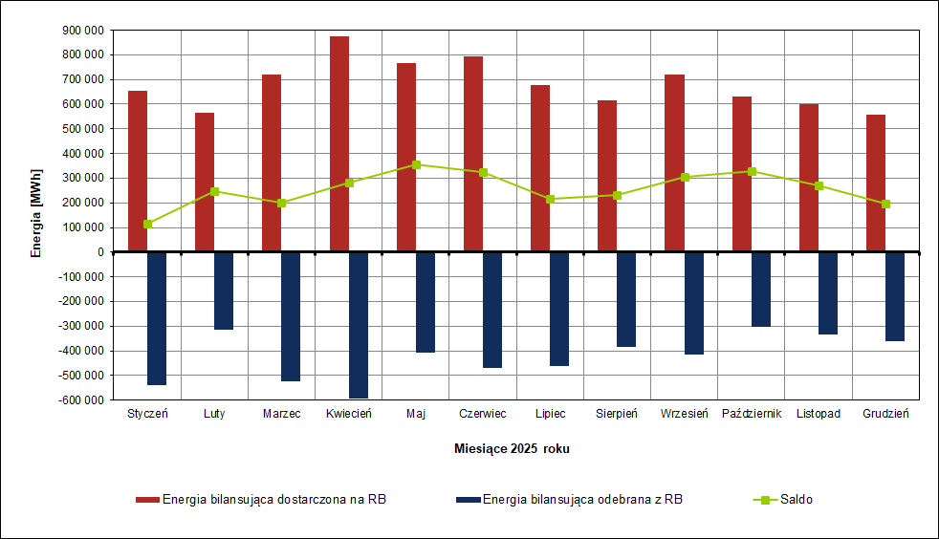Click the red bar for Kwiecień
339,143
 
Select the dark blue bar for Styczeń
157,318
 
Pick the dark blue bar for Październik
761,290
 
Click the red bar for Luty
205,183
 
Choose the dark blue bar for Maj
426,302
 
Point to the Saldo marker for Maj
416,164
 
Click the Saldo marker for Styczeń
147,224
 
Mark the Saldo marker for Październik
752,171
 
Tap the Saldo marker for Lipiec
550,199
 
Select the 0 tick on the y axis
99,252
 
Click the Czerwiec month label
483,414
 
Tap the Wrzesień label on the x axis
684,414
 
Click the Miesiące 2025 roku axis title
512,448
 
